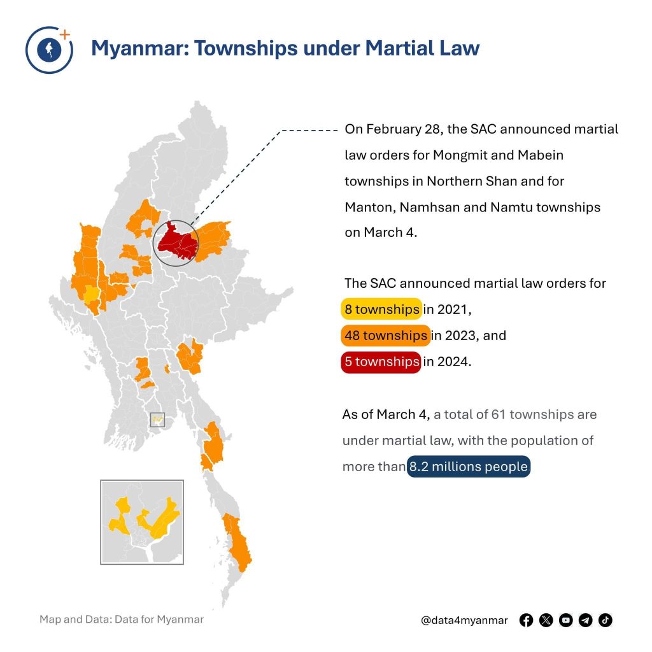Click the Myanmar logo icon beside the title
[x=48, y=50]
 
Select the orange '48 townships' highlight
[x=385, y=336]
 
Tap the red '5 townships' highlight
[x=381, y=362]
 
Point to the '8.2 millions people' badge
[x=468, y=467]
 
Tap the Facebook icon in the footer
[x=526, y=620]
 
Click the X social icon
[x=546, y=620]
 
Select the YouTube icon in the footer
[x=565, y=620]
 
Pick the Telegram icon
[x=586, y=620]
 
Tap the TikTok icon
[x=606, y=620]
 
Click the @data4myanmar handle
[x=464, y=620]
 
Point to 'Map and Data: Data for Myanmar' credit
[x=122, y=619]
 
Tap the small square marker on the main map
[x=157, y=420]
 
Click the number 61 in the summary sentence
[x=499, y=415]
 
